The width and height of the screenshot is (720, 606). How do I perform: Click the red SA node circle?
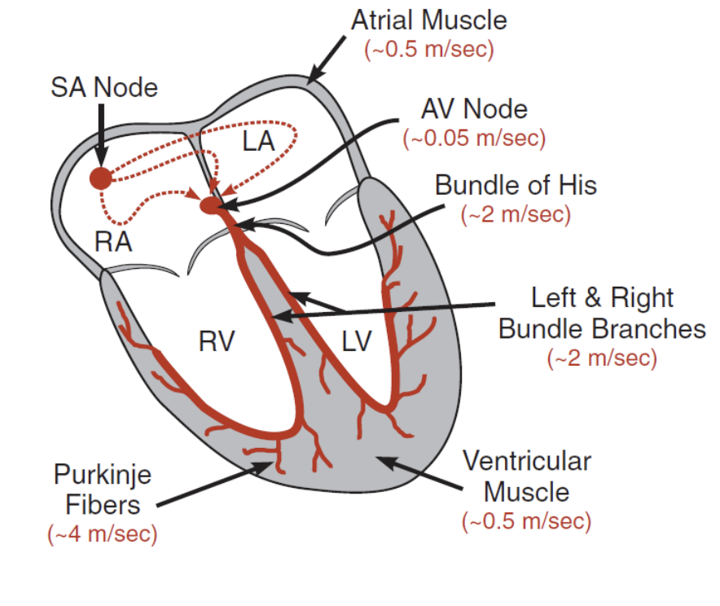click(x=100, y=178)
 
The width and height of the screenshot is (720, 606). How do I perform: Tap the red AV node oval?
click(x=210, y=205)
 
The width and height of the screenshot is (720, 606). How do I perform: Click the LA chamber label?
click(x=258, y=141)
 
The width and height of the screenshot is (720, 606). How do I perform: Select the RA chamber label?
click(x=113, y=241)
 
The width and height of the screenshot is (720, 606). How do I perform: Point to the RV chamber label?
click(x=217, y=341)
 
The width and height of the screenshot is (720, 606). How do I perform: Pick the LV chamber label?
click(x=357, y=341)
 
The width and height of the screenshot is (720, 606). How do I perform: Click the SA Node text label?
click(x=104, y=87)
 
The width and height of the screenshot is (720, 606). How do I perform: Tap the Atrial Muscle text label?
click(x=429, y=20)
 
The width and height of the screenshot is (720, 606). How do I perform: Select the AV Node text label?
click(x=474, y=109)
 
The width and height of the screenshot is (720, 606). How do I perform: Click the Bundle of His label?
click(x=516, y=186)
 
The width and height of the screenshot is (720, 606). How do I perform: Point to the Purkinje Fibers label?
click(x=103, y=490)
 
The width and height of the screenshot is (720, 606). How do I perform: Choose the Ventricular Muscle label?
click(x=527, y=476)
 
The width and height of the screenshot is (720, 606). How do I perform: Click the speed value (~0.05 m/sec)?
click(x=474, y=138)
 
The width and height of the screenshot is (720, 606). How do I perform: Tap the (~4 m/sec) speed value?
click(x=103, y=534)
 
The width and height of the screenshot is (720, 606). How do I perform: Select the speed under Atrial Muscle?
click(x=429, y=49)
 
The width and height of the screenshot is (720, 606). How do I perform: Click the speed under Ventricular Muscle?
click(x=527, y=521)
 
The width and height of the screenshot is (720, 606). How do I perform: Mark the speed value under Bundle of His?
click(x=516, y=214)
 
